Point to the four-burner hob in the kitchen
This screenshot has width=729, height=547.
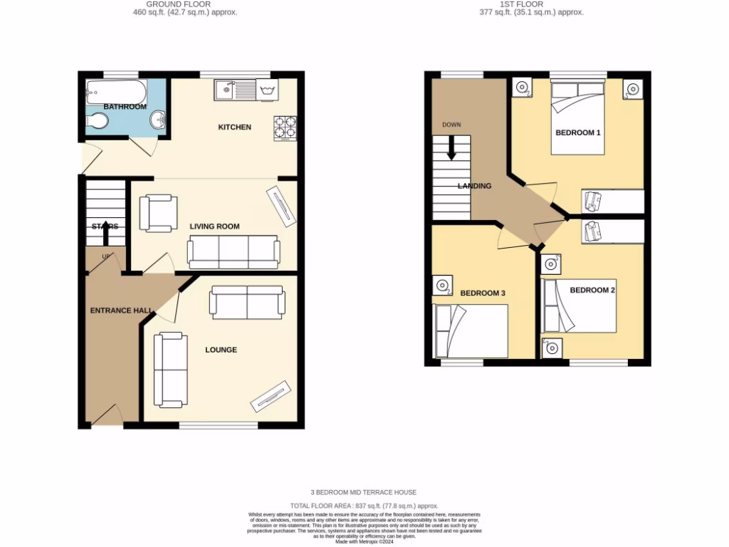point(285,127)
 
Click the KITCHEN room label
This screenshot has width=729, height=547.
point(234,127)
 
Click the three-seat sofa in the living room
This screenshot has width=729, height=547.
point(234,252)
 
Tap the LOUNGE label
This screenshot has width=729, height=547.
point(221,350)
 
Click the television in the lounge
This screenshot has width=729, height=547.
point(271,396)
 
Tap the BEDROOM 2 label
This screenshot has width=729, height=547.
point(592,290)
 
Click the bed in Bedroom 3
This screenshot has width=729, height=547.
point(471,331)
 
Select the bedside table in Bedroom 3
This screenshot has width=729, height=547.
point(442,286)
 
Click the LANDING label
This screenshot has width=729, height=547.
point(474,186)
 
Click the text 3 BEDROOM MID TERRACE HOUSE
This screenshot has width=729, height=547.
point(363,492)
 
